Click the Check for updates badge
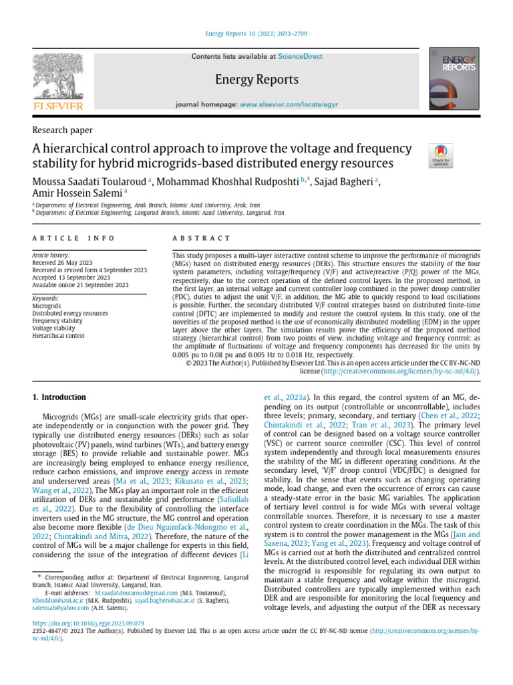click(440, 155)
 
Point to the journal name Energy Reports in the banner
click(256, 80)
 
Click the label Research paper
click(63, 130)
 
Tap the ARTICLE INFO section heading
click(73, 238)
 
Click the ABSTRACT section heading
click(201, 238)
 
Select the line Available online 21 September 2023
click(81, 285)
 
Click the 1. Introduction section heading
click(59, 397)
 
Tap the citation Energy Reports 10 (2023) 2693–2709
click(256, 34)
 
